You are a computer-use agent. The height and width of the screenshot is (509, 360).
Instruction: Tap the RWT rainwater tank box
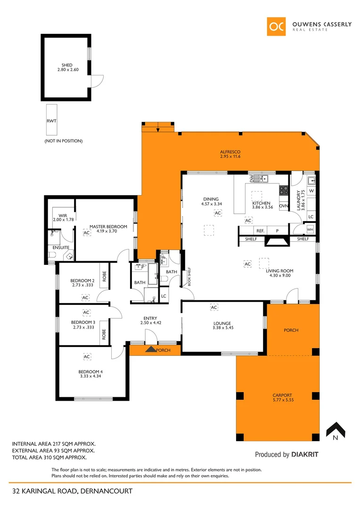[51, 121]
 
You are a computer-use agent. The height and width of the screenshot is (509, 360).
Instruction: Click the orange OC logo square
[277, 26]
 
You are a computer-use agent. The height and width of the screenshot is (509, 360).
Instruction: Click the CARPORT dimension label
[282, 398]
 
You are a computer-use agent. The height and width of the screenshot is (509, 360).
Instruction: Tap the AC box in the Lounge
[213, 308]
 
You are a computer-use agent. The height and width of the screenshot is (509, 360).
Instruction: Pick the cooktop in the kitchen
[284, 191]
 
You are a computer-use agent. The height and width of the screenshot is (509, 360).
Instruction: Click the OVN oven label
[283, 206]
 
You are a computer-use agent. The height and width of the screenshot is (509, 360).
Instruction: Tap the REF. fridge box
[260, 231]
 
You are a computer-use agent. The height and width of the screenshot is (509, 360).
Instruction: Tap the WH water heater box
[310, 230]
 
